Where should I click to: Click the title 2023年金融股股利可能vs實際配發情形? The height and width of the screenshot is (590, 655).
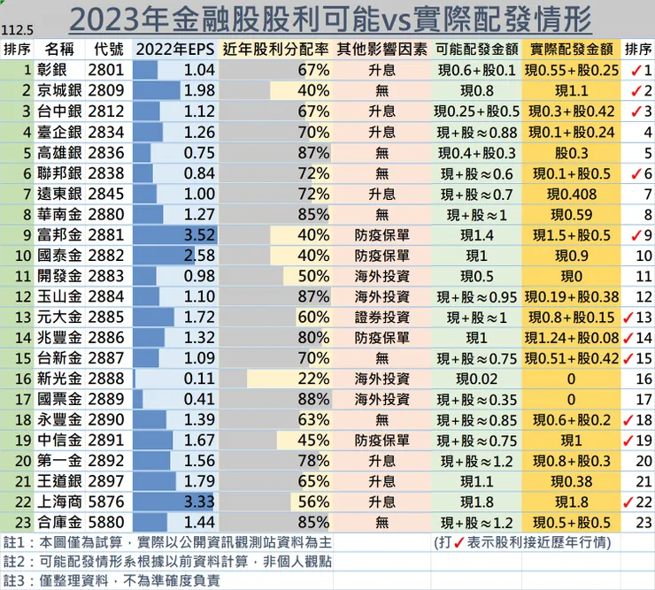tap(330, 19)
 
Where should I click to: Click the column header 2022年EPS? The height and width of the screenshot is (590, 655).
tap(175, 49)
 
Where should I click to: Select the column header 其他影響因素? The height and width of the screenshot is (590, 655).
tap(381, 49)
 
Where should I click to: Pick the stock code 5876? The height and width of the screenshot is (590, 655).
tap(107, 500)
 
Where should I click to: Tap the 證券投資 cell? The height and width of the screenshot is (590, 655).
tap(381, 317)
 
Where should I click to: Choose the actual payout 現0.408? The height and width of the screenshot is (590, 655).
tap(570, 194)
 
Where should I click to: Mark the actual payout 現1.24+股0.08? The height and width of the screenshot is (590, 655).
tap(570, 337)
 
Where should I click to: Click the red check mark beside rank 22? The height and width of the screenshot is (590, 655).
tap(632, 501)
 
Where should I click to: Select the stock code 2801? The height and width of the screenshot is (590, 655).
tap(107, 70)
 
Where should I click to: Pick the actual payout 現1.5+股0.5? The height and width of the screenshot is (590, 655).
tap(570, 235)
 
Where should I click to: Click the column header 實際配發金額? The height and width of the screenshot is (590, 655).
tap(570, 49)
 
